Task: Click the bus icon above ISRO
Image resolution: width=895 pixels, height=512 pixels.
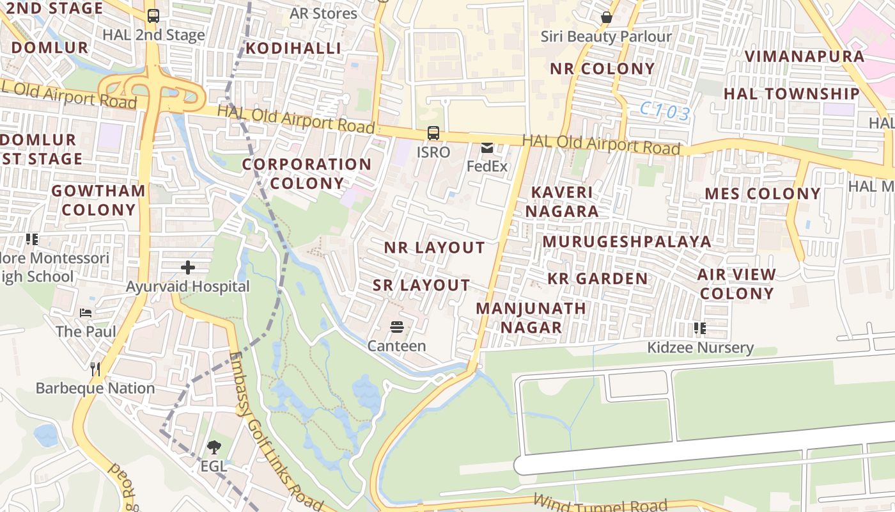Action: click(433, 133)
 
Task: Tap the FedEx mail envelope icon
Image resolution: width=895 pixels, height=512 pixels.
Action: click(487, 148)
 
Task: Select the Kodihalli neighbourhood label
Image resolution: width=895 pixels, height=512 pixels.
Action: click(293, 49)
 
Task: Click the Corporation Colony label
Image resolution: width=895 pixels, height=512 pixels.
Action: click(306, 173)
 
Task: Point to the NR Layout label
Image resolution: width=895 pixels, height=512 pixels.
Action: click(434, 248)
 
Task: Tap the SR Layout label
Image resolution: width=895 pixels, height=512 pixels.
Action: click(421, 285)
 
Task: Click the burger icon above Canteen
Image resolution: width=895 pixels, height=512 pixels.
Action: click(396, 328)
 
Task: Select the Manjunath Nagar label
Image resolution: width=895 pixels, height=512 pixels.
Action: click(531, 317)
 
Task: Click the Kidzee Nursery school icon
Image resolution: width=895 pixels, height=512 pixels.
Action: click(700, 329)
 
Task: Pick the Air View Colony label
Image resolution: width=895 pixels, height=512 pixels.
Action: click(736, 284)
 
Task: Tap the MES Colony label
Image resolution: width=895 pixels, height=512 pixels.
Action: click(763, 194)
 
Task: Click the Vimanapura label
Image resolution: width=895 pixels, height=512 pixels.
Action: click(804, 56)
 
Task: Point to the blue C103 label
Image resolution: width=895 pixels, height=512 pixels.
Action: click(665, 113)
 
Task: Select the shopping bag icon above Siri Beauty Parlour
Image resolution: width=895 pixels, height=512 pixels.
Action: click(606, 18)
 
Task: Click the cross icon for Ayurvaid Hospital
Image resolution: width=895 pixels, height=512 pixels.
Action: click(188, 267)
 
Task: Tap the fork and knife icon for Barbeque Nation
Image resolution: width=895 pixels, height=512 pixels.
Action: click(95, 369)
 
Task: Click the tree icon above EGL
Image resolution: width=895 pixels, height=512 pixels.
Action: click(214, 447)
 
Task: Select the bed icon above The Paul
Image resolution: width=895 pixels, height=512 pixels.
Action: click(86, 313)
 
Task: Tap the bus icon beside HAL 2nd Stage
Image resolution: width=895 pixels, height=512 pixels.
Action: click(153, 16)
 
